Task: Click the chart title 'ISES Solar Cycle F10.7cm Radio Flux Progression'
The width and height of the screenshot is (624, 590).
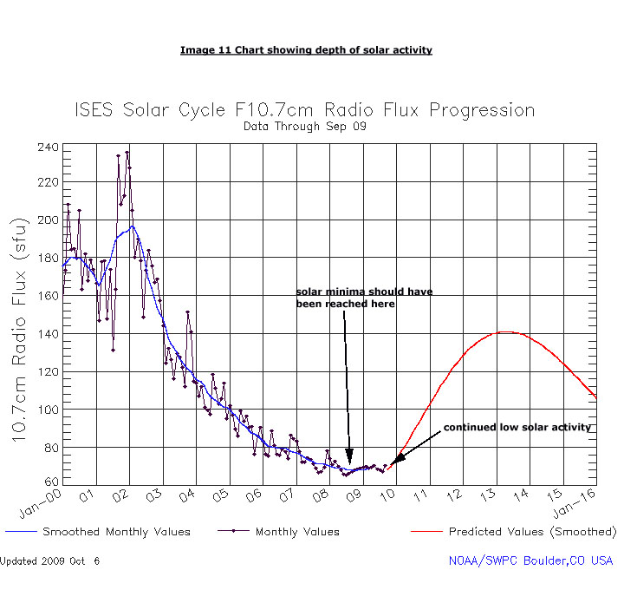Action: pos(305,110)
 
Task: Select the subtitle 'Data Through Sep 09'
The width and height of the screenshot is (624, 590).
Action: pos(305,127)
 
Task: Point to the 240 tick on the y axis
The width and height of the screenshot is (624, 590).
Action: pos(49,147)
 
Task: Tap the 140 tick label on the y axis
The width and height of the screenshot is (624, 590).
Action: pos(49,333)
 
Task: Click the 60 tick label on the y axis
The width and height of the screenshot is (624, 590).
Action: pos(52,481)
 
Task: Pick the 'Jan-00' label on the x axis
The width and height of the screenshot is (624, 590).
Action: pos(40,501)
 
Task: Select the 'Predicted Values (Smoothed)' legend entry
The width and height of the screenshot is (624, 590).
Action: pos(532,532)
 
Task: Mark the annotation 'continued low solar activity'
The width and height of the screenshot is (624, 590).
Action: pos(517,428)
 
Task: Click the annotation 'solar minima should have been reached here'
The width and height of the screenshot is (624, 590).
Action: pos(364,298)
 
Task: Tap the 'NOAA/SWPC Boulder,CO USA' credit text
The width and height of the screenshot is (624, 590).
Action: pos(530,561)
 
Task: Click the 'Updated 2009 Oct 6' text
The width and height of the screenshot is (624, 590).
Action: pos(50,561)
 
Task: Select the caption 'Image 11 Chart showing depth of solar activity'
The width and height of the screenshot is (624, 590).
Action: pos(306,50)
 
